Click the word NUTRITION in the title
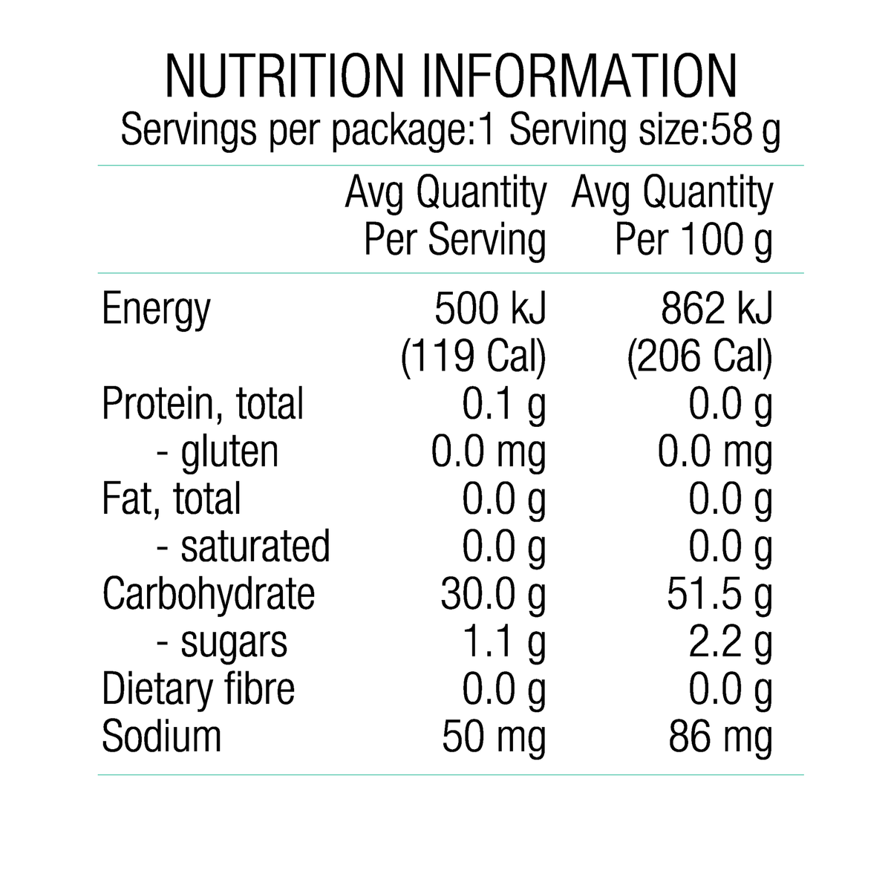pos(285,76)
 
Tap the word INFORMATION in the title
pos(580,76)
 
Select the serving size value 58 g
pos(745,131)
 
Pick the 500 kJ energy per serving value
pos(490,308)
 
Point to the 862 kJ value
pos(717,308)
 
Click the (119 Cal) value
pos(474,357)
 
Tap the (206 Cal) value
pos(700,357)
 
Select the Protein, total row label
pos(203,404)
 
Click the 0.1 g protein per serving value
pos(504,405)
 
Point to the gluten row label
pos(218,453)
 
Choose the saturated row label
pos(244,547)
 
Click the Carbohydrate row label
pos(209,595)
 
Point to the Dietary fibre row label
pos(198,689)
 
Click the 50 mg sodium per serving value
pos(494,738)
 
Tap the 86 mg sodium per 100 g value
pos(720,738)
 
